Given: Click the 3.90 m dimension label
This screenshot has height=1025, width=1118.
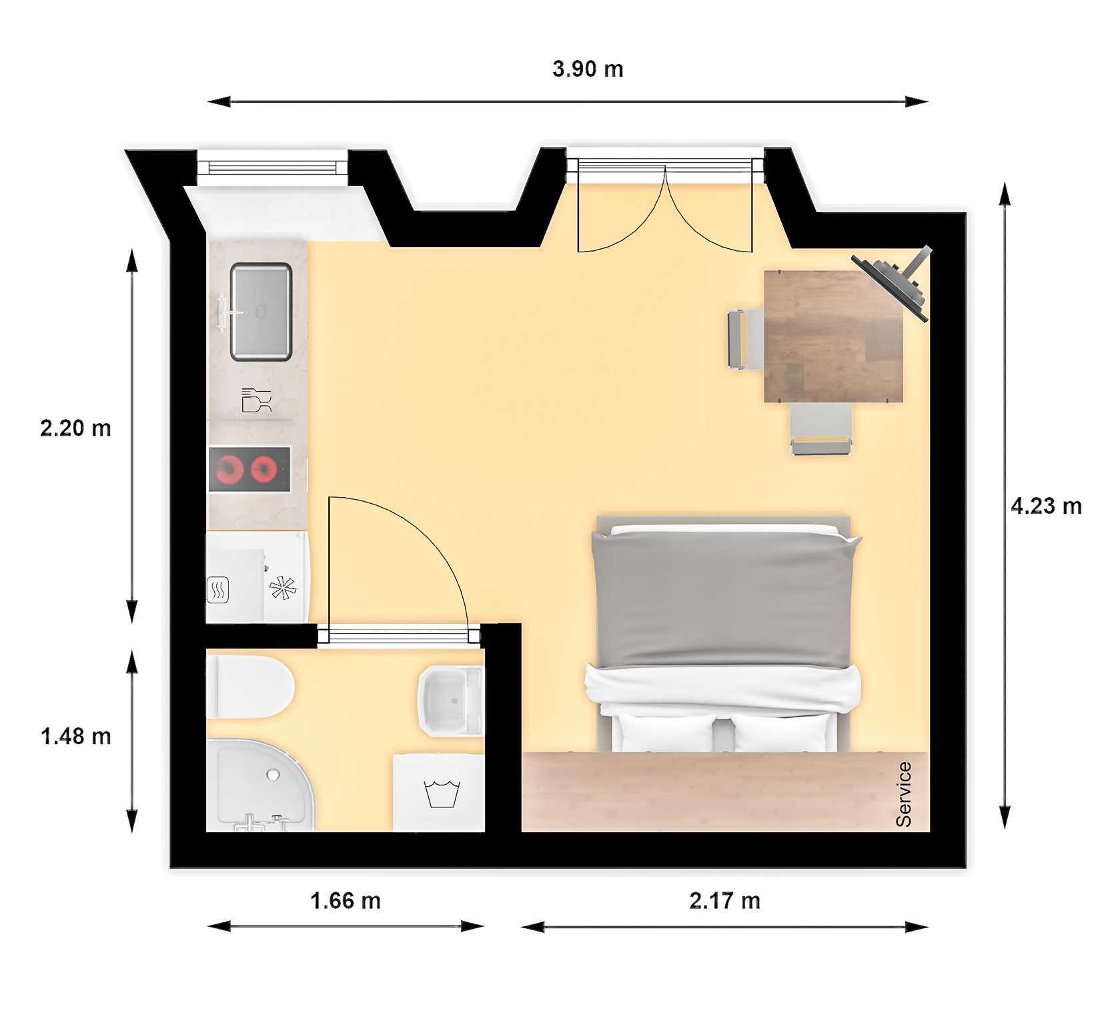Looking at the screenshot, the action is click(x=588, y=69).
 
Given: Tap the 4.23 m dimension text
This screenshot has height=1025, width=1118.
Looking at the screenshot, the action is click(x=1046, y=506).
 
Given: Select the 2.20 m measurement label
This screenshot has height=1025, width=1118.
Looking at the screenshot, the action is click(x=75, y=428).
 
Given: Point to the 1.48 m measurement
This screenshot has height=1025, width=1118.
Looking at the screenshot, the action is click(x=75, y=737).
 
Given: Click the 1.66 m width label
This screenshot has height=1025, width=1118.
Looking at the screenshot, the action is click(x=346, y=902).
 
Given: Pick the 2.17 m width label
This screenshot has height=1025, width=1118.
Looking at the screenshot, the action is click(x=724, y=902).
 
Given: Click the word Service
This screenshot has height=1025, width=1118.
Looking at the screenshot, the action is click(x=903, y=794).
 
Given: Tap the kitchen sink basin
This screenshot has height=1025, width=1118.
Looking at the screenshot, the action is click(x=261, y=312).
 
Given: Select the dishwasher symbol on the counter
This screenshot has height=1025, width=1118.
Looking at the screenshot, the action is click(x=256, y=400).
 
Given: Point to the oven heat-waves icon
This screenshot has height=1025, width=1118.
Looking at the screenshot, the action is click(x=218, y=590).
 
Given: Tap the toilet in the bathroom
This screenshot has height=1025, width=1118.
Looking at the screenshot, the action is click(x=250, y=687).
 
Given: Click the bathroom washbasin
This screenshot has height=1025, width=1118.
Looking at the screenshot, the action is click(x=450, y=701).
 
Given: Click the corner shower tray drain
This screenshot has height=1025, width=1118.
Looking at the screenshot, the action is click(x=272, y=775).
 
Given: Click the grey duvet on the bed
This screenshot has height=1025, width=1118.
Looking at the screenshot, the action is click(x=725, y=597).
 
